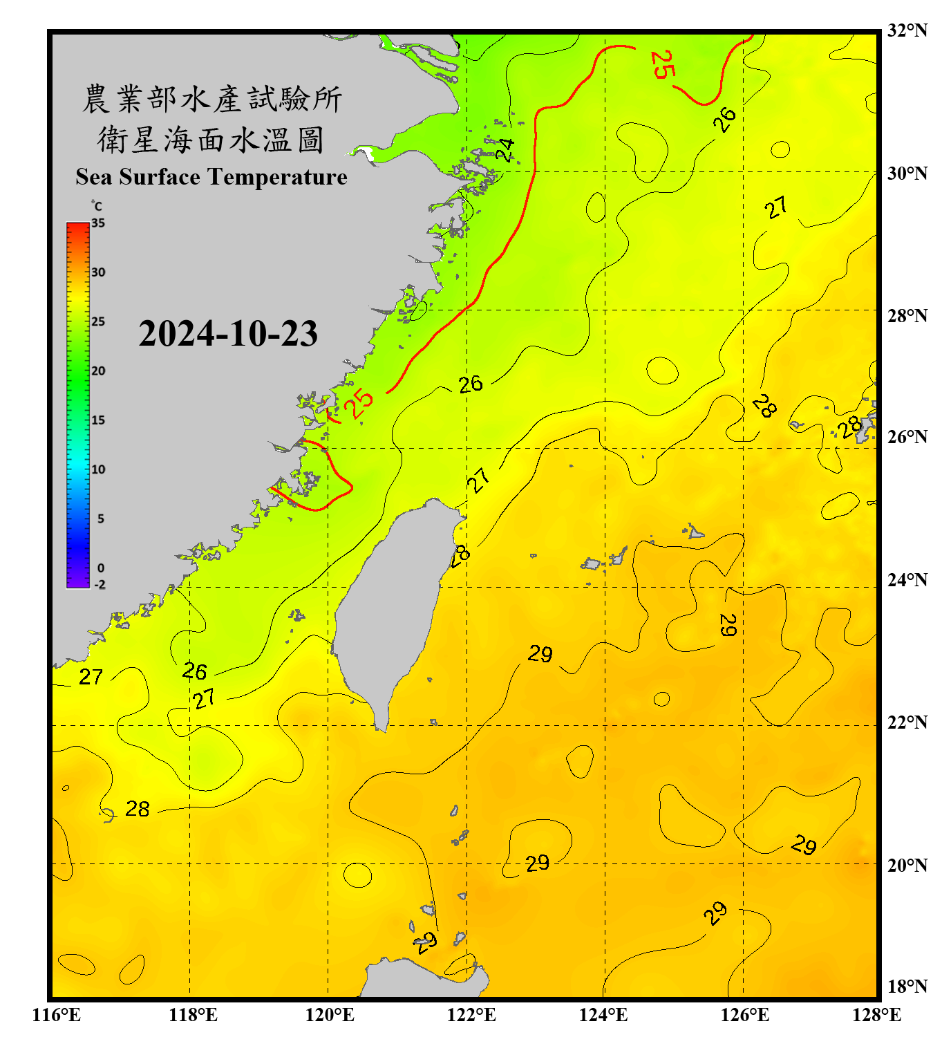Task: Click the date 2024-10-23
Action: click(x=228, y=334)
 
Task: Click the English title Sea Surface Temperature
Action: click(x=211, y=177)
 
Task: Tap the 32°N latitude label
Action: click(x=907, y=30)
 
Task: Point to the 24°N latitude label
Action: click(x=907, y=579)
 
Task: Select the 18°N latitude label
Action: click(x=907, y=986)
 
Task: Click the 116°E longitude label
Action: click(x=57, y=1015)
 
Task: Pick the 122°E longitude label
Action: click(x=471, y=1015)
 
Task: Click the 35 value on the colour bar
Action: click(x=98, y=223)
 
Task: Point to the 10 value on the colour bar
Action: click(x=98, y=469)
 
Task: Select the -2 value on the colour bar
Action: click(x=100, y=585)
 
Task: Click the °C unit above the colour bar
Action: click(x=97, y=206)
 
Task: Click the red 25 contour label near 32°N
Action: click(x=662, y=64)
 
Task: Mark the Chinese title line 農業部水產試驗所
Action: click(x=211, y=99)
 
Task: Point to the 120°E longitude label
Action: click(x=330, y=1015)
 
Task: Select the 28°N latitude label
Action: click(x=907, y=315)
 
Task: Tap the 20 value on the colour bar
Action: click(x=98, y=371)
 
